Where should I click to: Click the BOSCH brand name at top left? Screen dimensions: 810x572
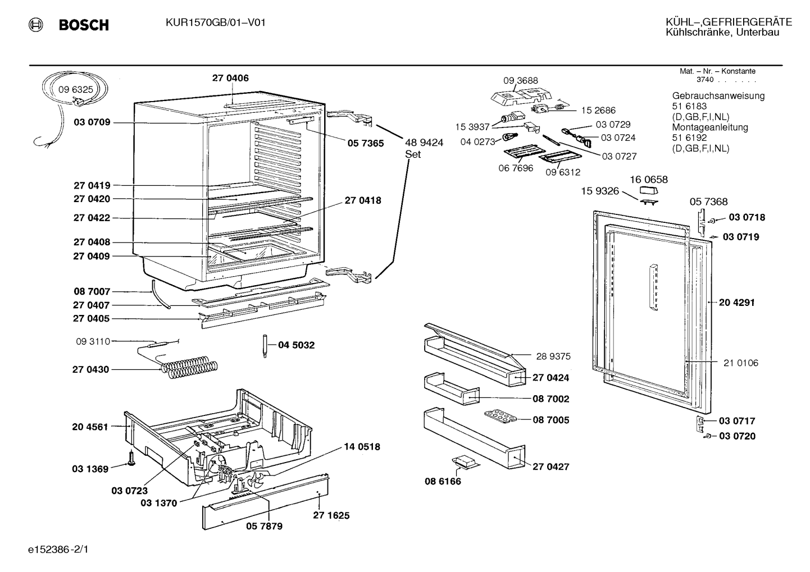pyautogui.click(x=84, y=25)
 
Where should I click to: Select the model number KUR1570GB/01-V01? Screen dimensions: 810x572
pyautogui.click(x=216, y=23)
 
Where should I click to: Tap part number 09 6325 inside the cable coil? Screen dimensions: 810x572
pyautogui.click(x=76, y=89)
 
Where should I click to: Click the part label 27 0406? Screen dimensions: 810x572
pyautogui.click(x=230, y=78)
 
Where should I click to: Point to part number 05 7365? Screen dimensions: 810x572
pyautogui.click(x=366, y=144)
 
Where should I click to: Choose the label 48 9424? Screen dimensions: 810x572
pyautogui.click(x=424, y=143)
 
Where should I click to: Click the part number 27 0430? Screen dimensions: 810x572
pyautogui.click(x=90, y=370)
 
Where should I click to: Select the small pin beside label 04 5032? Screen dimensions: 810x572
pyautogui.click(x=265, y=346)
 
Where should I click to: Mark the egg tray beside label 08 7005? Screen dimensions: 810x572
pyautogui.click(x=501, y=417)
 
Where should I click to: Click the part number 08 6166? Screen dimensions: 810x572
pyautogui.click(x=443, y=481)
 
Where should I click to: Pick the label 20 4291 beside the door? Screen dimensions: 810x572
pyautogui.click(x=736, y=303)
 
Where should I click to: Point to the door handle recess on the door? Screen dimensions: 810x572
pyautogui.click(x=653, y=287)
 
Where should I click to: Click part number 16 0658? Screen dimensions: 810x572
pyautogui.click(x=649, y=180)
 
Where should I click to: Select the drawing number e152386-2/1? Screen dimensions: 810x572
pyautogui.click(x=58, y=550)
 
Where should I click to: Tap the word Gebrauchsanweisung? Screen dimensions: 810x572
pyautogui.click(x=718, y=96)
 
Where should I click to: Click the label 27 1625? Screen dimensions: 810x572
pyautogui.click(x=331, y=515)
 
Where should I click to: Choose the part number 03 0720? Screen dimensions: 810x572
pyautogui.click(x=738, y=436)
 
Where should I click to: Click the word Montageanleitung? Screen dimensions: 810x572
pyautogui.click(x=710, y=127)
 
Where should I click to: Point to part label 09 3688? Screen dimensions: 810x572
pyautogui.click(x=521, y=80)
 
